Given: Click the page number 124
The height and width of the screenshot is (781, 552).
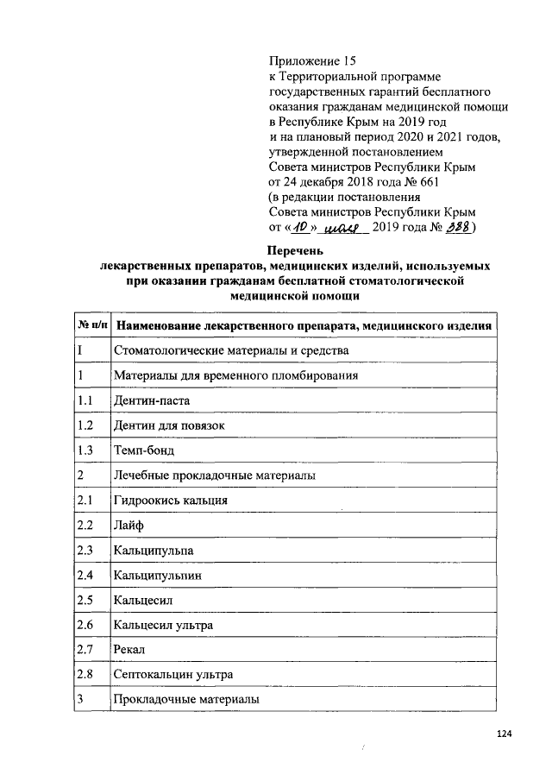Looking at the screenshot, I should tap(505, 734).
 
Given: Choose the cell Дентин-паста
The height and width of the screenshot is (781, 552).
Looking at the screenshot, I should tap(151, 401).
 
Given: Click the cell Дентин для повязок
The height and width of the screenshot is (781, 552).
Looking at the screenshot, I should tap(169, 426).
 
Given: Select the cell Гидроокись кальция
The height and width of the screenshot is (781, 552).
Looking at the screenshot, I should tap(169, 501).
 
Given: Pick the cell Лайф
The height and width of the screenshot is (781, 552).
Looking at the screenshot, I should tap(128, 526).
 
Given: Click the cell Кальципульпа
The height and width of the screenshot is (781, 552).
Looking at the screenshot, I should tap(154, 550).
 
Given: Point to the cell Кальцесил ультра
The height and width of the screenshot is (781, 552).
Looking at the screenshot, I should tap(163, 624).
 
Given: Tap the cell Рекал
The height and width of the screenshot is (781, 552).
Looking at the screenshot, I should tap(129, 649).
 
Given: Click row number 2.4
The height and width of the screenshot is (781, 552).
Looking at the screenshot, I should tap(85, 575).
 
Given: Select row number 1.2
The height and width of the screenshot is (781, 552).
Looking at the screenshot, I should tap(85, 426).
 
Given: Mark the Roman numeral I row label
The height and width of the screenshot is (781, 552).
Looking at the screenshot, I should tap(79, 351).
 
